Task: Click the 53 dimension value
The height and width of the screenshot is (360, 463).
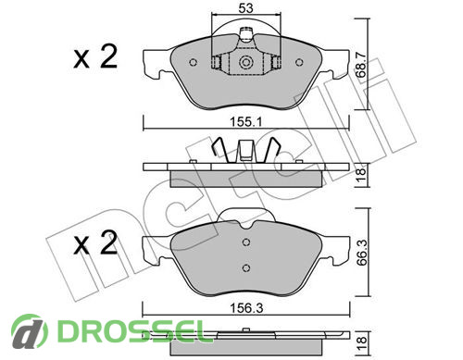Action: pos(245,8)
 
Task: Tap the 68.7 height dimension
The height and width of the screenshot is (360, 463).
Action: pos(360,65)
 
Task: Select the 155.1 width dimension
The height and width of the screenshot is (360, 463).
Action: pos(246,122)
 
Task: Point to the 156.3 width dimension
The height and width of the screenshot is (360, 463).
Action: pos(246,308)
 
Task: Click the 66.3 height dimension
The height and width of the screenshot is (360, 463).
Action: pos(360,254)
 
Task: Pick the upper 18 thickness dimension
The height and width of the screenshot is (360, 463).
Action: pos(360,175)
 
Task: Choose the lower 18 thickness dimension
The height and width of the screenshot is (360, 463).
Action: pos(360,341)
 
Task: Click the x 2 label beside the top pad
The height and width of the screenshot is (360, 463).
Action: pos(95,56)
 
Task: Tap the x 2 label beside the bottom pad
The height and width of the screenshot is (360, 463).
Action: pos(95,242)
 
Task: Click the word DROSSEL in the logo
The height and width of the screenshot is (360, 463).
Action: pos(131,331)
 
